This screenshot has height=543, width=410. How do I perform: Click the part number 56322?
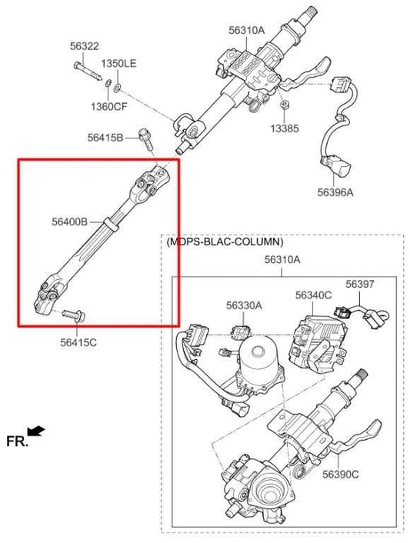coord(84,47)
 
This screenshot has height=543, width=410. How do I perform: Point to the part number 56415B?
coord(105,138)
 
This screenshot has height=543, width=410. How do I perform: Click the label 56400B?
coord(70,222)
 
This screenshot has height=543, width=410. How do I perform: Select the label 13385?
coord(285,128)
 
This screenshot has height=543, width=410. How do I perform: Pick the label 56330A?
coord(244,305)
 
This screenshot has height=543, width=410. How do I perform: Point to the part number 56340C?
coord(313,295)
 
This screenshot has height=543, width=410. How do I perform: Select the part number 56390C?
coord(340,475)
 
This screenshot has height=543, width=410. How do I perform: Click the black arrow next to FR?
coord(36,431)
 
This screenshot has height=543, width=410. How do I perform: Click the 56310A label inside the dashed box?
coord(282,260)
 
